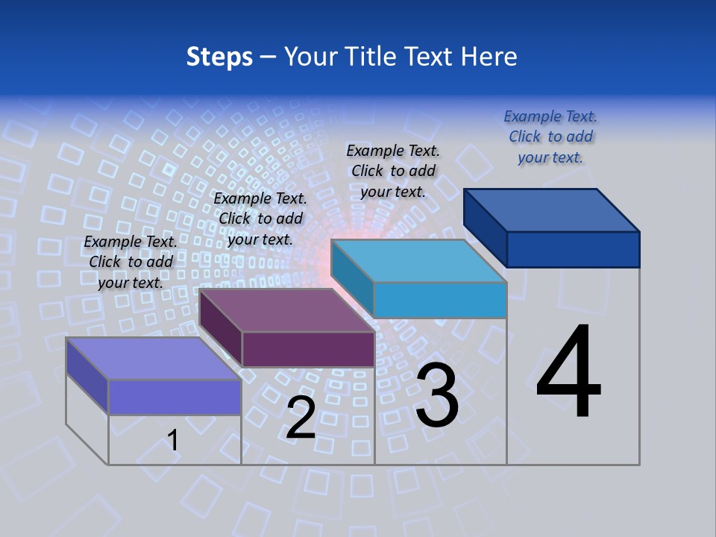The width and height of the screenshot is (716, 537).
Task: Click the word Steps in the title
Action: click(x=219, y=57)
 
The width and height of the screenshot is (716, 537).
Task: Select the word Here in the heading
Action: click(x=489, y=57)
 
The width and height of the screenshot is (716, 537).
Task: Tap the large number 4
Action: click(x=568, y=373)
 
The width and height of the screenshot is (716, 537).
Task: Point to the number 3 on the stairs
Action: click(x=437, y=395)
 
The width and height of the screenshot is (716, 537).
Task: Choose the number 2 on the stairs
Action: click(x=301, y=418)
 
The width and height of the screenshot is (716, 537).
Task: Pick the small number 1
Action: click(x=173, y=440)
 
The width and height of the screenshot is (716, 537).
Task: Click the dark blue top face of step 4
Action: click(x=552, y=210)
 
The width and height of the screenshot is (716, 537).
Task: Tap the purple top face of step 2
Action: click(x=287, y=310)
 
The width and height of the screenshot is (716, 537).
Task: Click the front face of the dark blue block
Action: click(x=573, y=249)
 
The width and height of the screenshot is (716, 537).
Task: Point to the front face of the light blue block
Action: click(x=440, y=300)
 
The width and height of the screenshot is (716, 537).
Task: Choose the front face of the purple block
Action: click(x=308, y=349)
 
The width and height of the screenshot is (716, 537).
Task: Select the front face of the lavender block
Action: click(x=175, y=397)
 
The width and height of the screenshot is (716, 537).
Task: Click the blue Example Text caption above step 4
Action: click(x=550, y=136)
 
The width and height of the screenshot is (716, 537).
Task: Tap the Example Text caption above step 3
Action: click(x=393, y=171)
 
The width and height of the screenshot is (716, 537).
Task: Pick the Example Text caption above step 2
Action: click(x=260, y=219)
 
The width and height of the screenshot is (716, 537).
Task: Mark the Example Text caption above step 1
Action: click(x=131, y=262)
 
